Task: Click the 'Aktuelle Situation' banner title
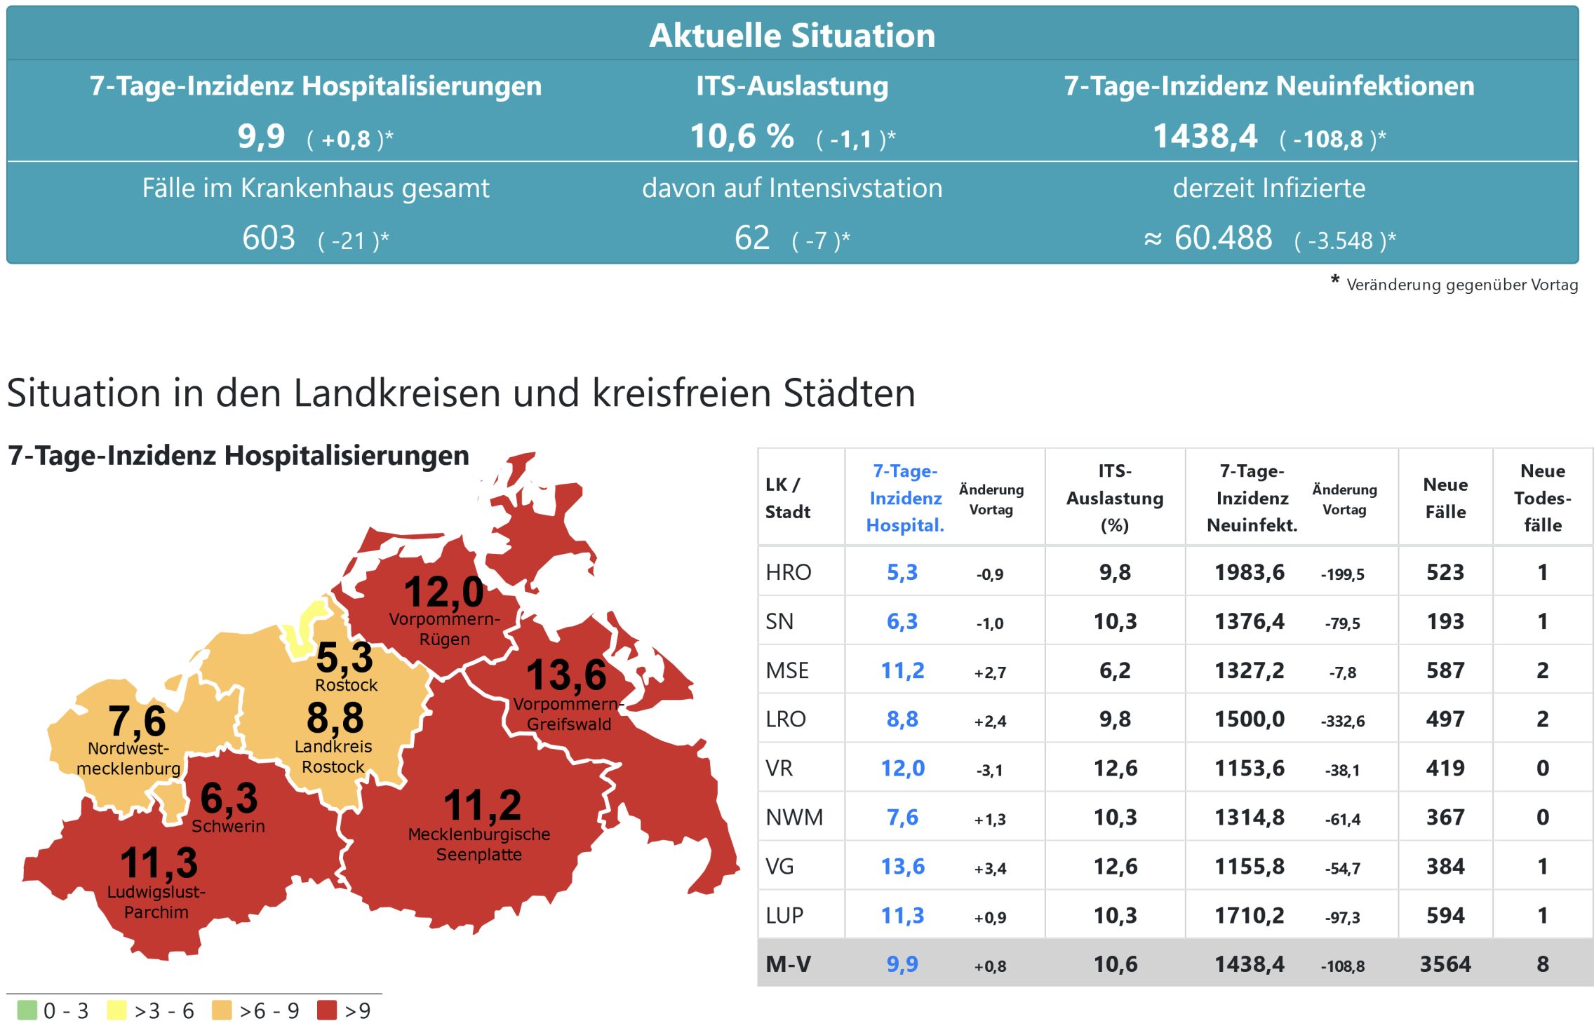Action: (x=792, y=35)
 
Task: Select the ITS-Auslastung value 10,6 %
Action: (x=742, y=136)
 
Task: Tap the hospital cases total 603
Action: (x=269, y=238)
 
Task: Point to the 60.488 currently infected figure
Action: (x=1223, y=238)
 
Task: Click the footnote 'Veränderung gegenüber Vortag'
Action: (x=1461, y=285)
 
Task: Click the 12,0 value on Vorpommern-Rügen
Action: (x=443, y=592)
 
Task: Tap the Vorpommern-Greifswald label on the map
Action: (x=568, y=714)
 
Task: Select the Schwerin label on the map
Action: (x=228, y=826)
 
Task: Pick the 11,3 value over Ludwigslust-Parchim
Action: (x=159, y=862)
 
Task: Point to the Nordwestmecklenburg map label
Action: (x=128, y=758)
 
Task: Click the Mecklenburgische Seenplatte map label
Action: (x=479, y=844)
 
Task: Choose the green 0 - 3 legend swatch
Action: (x=27, y=1010)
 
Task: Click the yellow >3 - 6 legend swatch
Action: (x=116, y=1010)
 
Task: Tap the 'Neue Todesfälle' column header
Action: (x=1542, y=498)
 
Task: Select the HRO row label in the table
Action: (x=788, y=572)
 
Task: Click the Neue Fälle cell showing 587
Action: (x=1445, y=670)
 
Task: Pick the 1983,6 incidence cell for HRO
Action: (x=1250, y=572)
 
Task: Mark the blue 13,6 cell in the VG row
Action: (x=902, y=867)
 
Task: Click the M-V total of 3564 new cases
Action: (x=1445, y=964)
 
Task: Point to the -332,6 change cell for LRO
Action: (x=1343, y=721)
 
